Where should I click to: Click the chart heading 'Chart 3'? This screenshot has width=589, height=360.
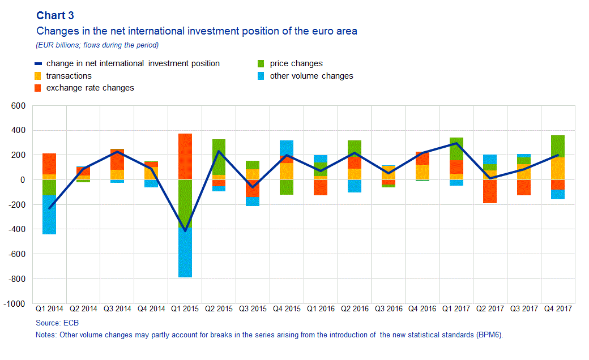click(55, 16)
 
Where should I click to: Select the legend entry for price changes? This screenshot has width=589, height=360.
click(296, 63)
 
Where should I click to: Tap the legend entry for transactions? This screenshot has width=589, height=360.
click(69, 76)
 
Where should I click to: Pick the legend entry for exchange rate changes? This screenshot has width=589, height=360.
click(90, 88)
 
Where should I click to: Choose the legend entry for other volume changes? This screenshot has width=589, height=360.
click(311, 76)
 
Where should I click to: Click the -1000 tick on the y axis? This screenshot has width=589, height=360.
click(16, 304)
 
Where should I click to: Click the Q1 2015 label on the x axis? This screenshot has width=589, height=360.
click(185, 309)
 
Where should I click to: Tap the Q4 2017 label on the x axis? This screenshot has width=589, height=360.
click(558, 309)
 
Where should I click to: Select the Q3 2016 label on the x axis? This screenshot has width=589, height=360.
click(389, 309)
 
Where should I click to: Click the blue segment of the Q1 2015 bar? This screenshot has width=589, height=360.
click(185, 252)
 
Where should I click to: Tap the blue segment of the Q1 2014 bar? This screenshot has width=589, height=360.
click(49, 215)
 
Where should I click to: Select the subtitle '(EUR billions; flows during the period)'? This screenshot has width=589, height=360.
click(97, 45)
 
